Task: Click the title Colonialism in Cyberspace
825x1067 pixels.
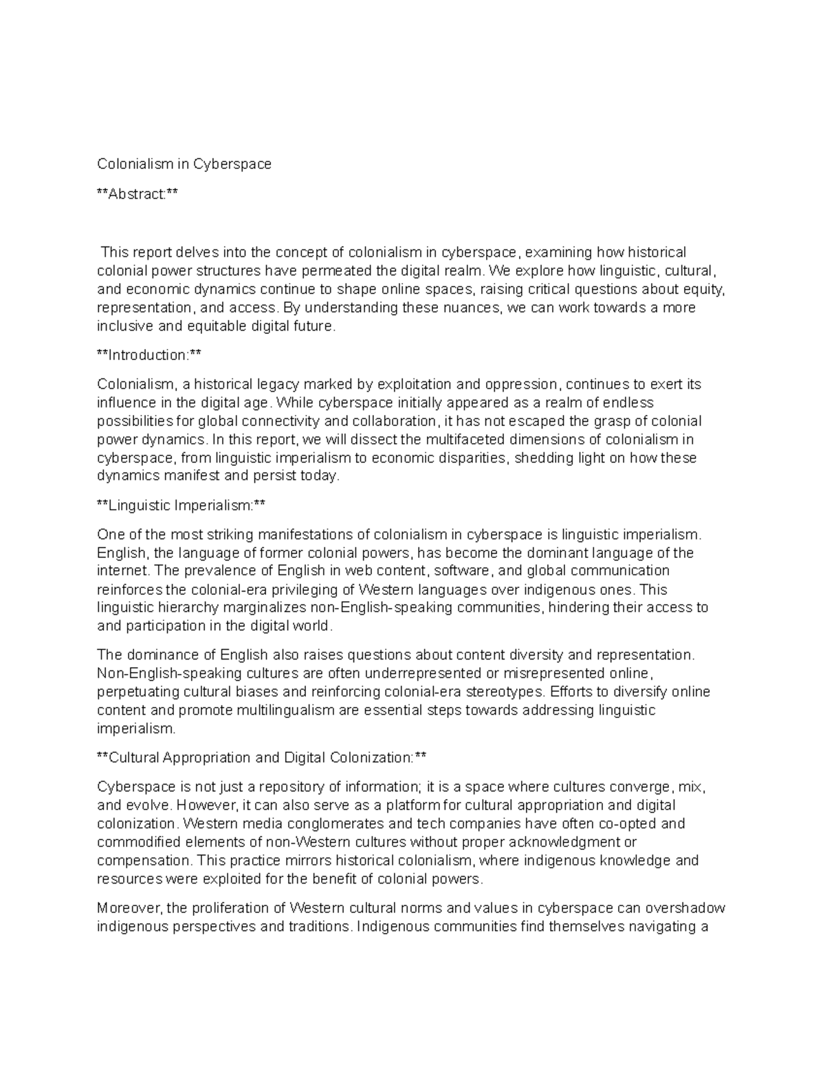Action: [x=184, y=164]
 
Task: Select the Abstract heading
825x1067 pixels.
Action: [x=137, y=194]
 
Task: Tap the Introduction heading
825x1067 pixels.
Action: [x=149, y=355]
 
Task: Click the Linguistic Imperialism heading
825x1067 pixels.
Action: [x=181, y=506]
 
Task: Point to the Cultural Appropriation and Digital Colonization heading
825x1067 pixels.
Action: [x=262, y=758]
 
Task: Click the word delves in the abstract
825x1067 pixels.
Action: [x=197, y=253]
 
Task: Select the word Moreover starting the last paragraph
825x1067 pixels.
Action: [x=130, y=908]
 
